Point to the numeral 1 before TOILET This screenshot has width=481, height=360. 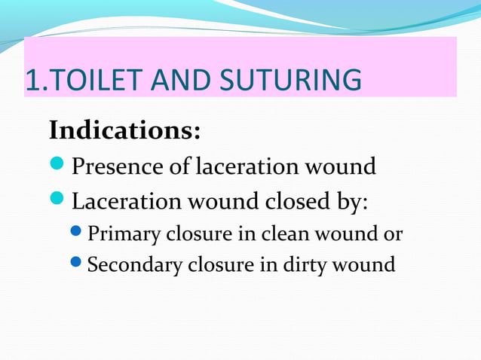click(x=31, y=80)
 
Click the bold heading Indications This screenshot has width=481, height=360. click(x=124, y=130)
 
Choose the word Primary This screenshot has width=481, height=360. click(x=124, y=235)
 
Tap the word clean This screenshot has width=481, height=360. click(x=284, y=235)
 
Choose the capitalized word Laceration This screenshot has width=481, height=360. click(x=127, y=202)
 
